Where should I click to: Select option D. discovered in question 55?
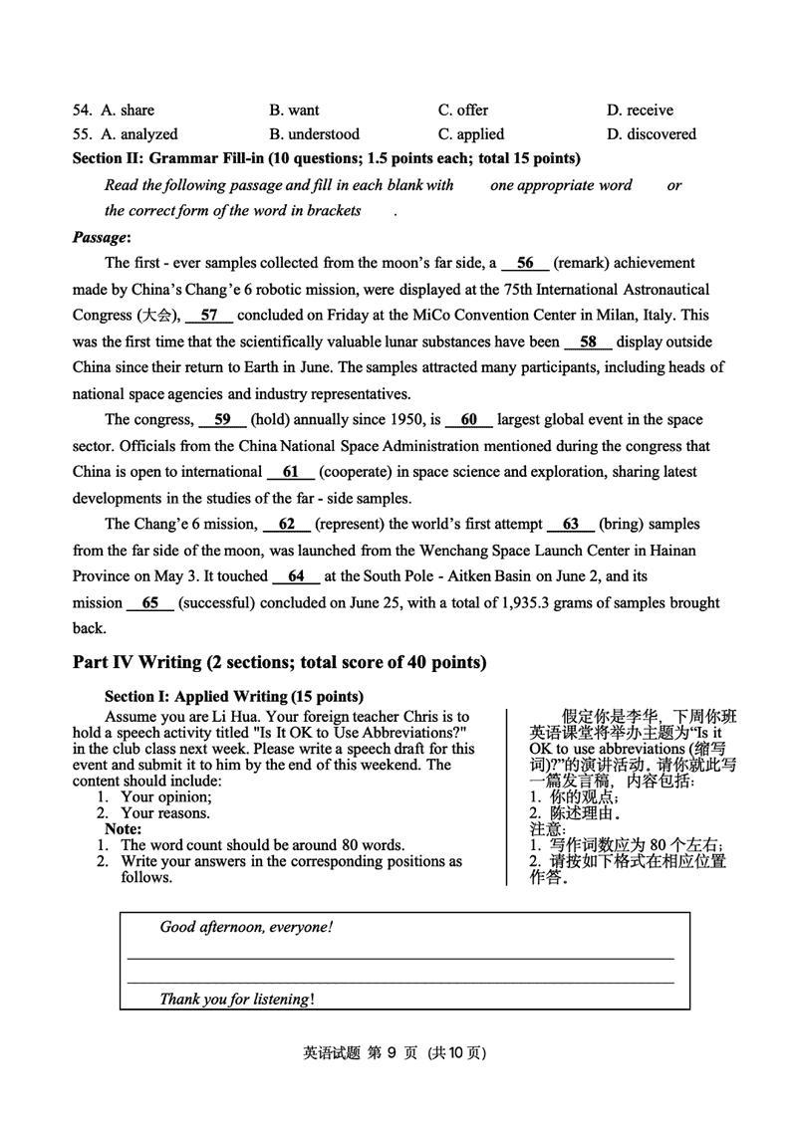pos(652,134)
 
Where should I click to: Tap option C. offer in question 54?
pos(463,111)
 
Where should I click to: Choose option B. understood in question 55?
pos(314,134)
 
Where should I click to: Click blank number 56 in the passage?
pos(525,264)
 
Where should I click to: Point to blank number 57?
pos(209,316)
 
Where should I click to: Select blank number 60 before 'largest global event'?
pos(469,420)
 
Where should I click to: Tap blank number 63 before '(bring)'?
pos(571,525)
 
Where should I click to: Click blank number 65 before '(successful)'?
pos(150,602)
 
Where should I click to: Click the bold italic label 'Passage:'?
pos(102,238)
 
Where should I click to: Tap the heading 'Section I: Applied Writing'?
pos(233,696)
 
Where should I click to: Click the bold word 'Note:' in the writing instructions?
pos(123,828)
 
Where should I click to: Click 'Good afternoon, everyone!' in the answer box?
pos(246,927)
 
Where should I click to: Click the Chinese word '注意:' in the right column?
pos(547,828)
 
